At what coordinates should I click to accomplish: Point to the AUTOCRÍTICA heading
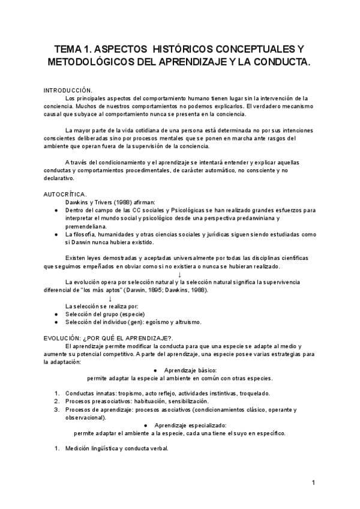[65, 194]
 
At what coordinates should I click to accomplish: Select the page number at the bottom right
[313, 483]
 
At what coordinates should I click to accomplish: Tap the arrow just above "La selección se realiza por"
[110, 298]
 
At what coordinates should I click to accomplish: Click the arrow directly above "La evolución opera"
[179, 274]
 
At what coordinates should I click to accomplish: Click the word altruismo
[184, 322]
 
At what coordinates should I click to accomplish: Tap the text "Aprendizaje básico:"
[181, 370]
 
